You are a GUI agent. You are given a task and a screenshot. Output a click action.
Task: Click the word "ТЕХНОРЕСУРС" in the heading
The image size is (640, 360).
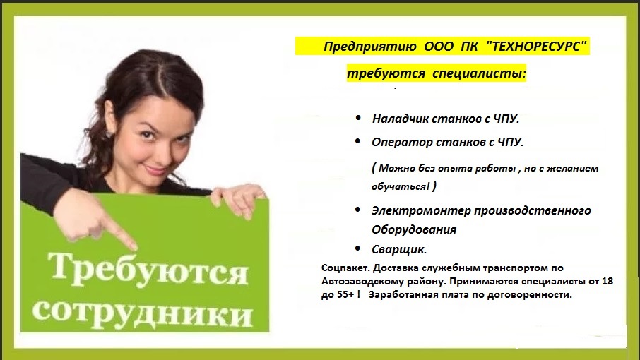pos(536,47)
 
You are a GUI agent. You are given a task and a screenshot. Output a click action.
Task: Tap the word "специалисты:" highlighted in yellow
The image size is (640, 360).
pos(479,74)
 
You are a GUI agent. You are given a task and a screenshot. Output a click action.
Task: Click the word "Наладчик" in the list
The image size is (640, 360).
pos(400,119)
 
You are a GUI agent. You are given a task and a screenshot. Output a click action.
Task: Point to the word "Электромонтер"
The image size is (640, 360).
pos(421,210)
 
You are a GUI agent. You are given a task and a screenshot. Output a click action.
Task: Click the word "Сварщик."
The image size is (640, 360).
pos(399,249)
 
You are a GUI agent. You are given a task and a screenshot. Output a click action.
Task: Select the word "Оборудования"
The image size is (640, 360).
pos(413,229)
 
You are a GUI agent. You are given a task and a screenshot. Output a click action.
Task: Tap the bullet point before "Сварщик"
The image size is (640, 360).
pos(357,248)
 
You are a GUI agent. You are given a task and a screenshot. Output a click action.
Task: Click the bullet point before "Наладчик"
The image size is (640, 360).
pos(358,118)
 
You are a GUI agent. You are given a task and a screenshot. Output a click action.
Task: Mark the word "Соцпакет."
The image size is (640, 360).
pos(345,268)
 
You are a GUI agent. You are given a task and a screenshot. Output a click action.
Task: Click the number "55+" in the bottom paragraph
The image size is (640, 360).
pos(345,295)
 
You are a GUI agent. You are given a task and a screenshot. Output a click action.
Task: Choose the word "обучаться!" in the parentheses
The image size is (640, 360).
pos(401,187)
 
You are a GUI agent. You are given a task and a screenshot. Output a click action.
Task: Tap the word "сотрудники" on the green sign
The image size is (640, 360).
pos(143,314)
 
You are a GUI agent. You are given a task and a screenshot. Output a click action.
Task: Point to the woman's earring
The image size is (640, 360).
pos(109,133)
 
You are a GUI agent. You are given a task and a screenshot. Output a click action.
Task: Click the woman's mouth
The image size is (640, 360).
pos(155,167)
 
